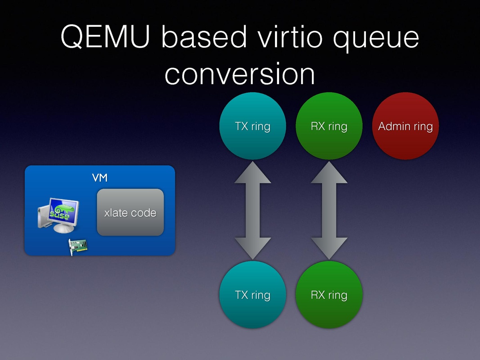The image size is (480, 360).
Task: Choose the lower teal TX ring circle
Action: [253, 294]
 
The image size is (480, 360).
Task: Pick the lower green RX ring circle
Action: [329, 294]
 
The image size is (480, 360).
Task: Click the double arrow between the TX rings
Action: [253, 210]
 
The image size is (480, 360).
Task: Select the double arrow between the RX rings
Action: [329, 210]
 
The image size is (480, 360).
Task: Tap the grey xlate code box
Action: [130, 212]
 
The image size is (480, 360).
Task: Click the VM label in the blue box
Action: [100, 178]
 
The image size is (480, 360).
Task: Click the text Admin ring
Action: [406, 127]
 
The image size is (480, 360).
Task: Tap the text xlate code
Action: [130, 213]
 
